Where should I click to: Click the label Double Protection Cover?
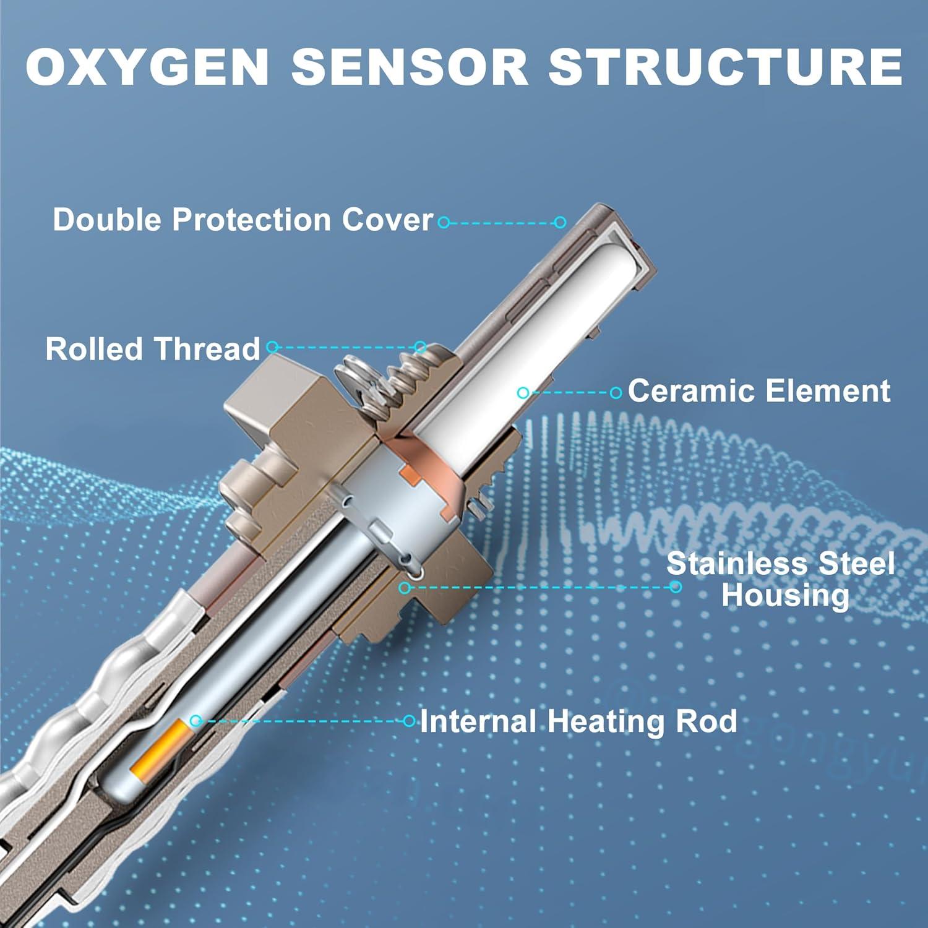[x=243, y=220]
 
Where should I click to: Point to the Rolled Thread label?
[x=153, y=349]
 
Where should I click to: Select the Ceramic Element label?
[x=759, y=392]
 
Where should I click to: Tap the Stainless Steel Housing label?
[x=781, y=579]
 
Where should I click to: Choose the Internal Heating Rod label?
[x=578, y=721]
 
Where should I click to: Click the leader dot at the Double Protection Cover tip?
[x=561, y=222]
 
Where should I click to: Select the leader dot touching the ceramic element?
[x=523, y=392]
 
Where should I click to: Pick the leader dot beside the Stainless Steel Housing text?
[x=676, y=586]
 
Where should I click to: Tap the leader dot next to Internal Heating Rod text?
[x=409, y=721]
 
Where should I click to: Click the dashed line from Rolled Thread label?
[x=346, y=348]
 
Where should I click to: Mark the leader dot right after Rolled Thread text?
[x=272, y=348]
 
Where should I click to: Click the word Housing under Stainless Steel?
[x=784, y=595]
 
